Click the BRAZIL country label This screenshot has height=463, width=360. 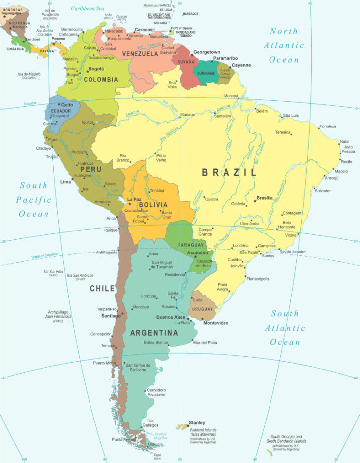(229, 172)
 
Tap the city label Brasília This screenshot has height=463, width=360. (265, 198)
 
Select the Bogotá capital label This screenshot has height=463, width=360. (96, 69)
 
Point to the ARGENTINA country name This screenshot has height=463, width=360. (153, 333)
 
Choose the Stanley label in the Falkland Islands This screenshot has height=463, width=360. (197, 423)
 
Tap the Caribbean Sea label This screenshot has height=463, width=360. (88, 8)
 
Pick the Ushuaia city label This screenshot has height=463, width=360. (156, 444)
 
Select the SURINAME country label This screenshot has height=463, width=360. (206, 73)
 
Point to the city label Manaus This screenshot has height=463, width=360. (187, 115)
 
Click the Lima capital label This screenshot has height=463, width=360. (65, 182)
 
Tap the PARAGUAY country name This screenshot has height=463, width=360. (191, 245)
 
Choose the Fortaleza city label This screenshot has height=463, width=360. (328, 126)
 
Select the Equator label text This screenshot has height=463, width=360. (31, 104)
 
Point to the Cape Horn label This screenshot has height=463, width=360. (157, 456)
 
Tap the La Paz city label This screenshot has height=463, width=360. (135, 199)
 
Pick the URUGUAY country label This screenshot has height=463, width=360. (203, 309)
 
